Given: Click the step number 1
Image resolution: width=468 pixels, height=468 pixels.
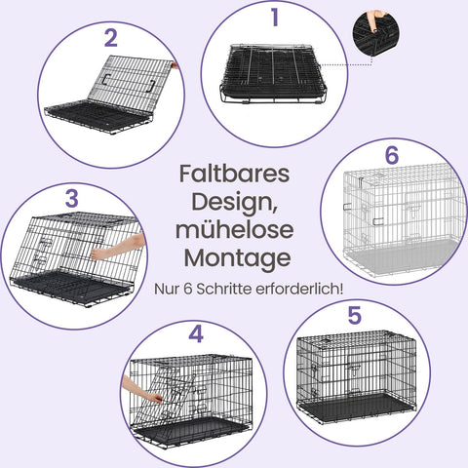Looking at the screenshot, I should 275,17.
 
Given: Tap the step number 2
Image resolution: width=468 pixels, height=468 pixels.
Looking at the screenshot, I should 110,39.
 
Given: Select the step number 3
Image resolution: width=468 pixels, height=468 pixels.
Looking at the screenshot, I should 71,198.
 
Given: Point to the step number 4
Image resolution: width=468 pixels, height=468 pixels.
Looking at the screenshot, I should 196,334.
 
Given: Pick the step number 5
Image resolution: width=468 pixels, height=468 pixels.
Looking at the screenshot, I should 354,316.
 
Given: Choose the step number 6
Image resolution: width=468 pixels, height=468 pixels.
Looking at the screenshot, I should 392,156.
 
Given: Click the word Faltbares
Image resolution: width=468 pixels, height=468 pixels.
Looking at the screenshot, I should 235,174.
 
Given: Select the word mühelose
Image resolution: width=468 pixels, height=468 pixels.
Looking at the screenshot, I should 235,231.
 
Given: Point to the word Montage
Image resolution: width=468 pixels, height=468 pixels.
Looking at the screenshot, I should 235,259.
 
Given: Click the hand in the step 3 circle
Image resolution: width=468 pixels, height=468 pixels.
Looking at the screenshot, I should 119,246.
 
